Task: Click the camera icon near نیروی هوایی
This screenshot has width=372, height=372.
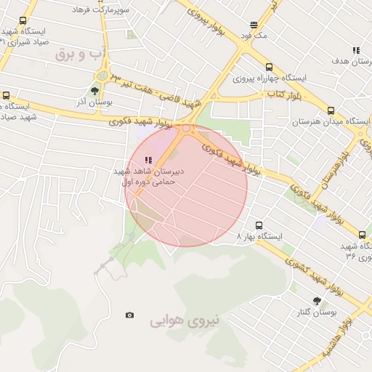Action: coord(129,315)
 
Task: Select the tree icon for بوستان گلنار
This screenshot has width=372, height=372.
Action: coord(317,300)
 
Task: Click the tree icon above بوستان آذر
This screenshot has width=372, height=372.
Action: coord(94,91)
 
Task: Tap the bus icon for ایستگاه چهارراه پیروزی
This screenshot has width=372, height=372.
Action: coord(269,67)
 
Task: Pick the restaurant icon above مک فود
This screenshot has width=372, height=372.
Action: coord(253,24)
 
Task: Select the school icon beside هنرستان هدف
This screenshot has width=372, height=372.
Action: coord(355,50)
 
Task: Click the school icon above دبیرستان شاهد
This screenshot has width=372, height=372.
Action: coord(149,160)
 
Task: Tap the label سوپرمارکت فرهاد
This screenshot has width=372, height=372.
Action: coord(100,11)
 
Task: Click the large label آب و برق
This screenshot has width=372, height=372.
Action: coord(103,53)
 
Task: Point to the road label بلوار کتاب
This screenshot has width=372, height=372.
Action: coord(265,94)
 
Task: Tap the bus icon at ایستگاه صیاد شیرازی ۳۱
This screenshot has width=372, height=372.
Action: coord(23,21)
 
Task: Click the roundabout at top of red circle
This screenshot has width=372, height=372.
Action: coord(186,129)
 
